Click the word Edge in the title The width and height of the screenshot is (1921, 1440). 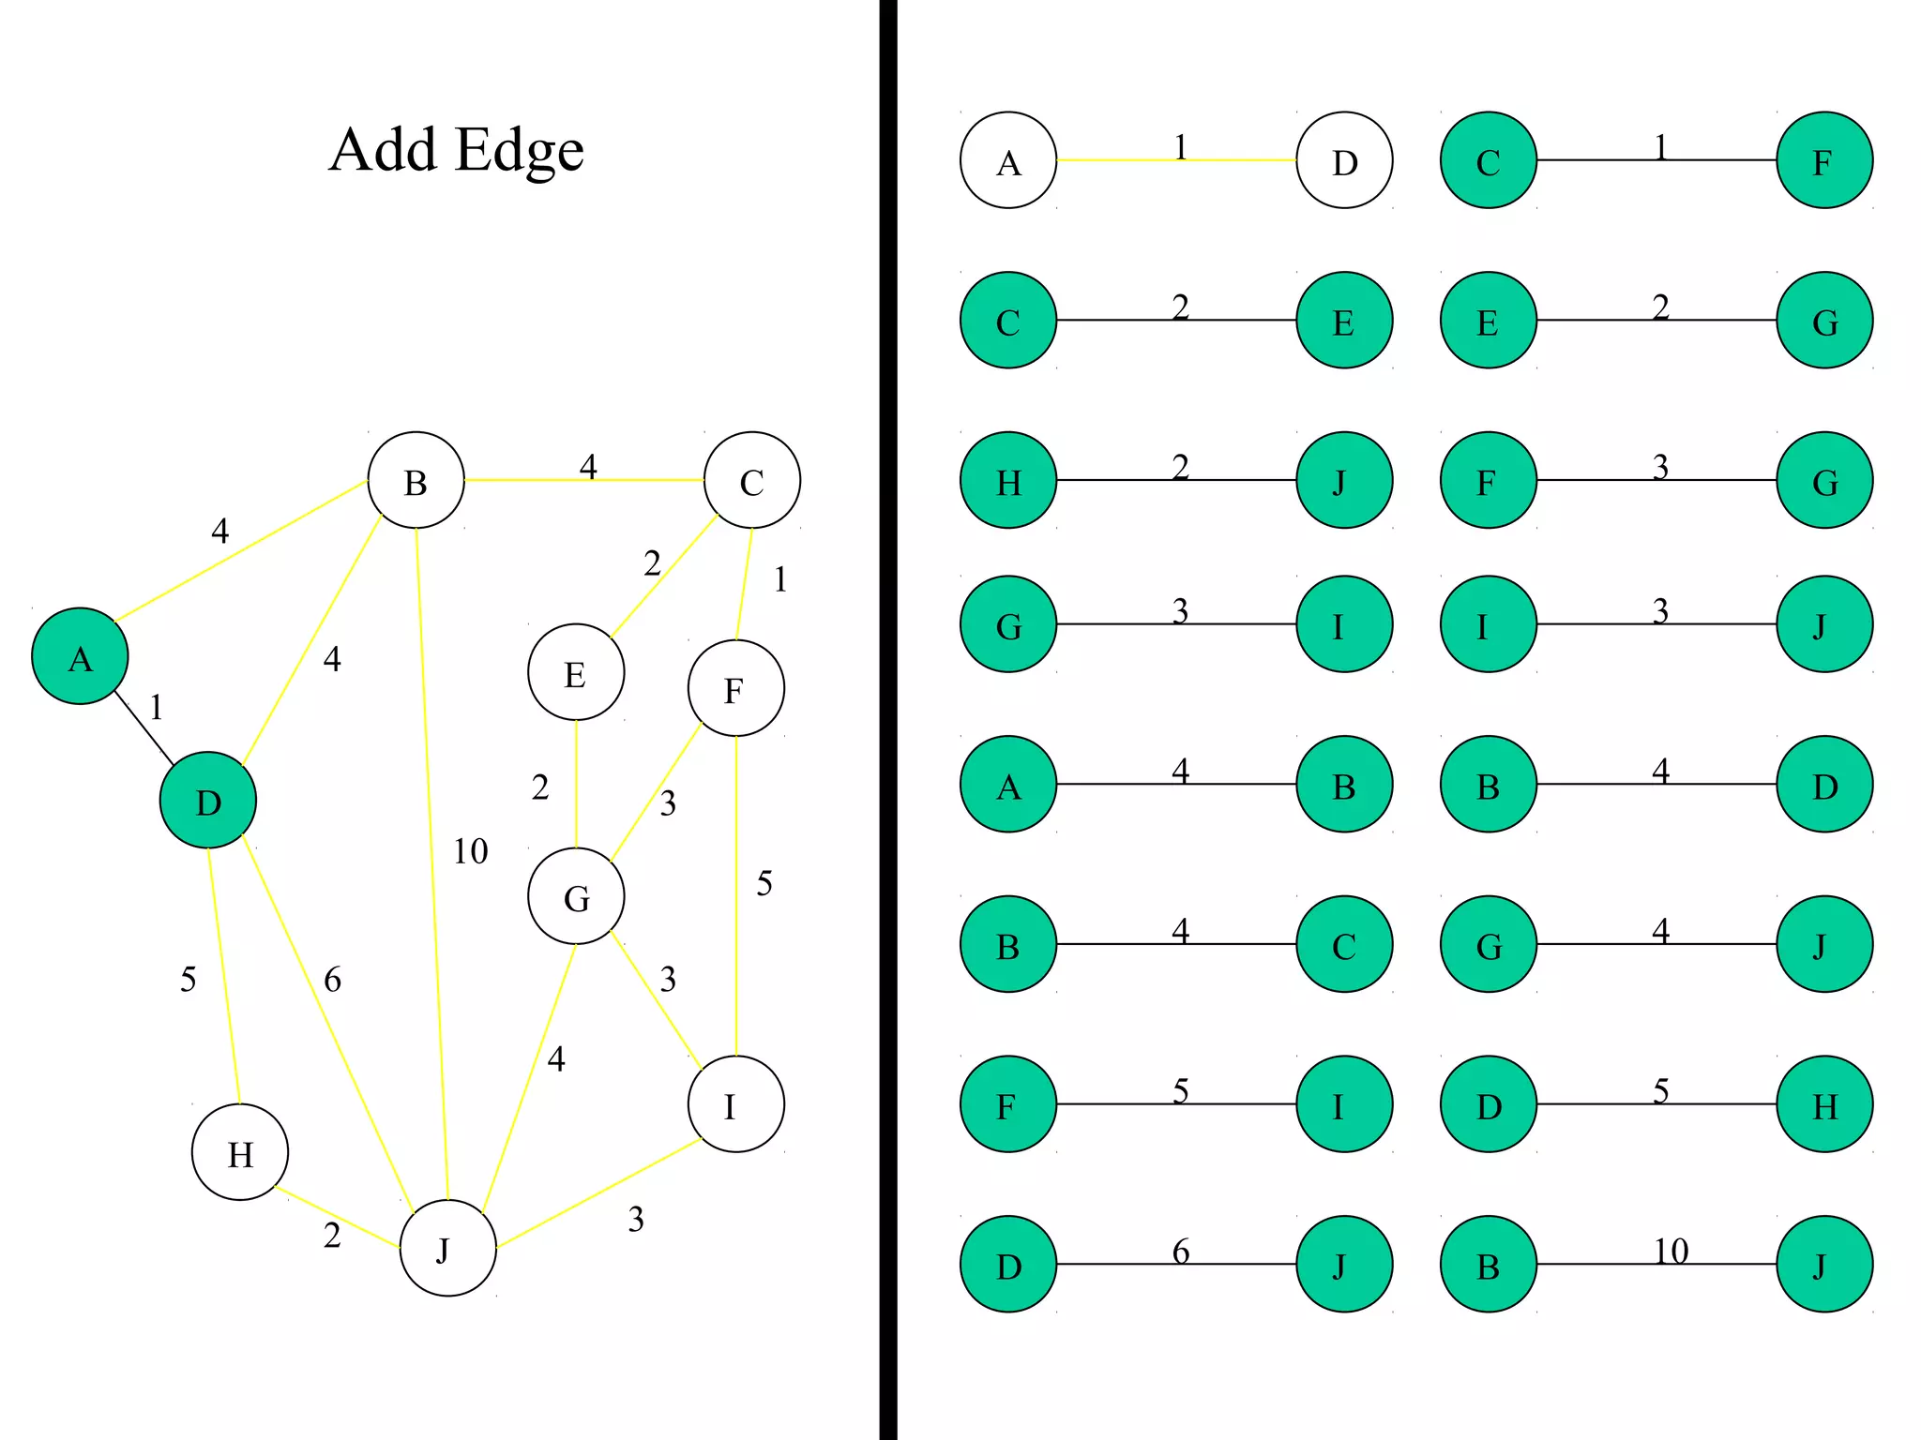coord(520,152)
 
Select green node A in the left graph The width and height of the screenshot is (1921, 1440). coord(80,656)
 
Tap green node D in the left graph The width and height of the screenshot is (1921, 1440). coord(207,801)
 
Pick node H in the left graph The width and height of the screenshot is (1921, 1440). coord(240,1152)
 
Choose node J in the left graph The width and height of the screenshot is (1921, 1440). coord(447,1248)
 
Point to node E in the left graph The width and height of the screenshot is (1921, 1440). coord(576,672)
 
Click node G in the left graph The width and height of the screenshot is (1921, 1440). coord(576,896)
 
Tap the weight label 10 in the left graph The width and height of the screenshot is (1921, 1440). coord(470,851)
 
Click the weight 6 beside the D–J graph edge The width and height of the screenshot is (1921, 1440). coord(332,980)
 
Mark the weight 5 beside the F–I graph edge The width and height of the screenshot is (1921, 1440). coord(764,883)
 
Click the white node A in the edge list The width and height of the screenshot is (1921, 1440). coord(1008,160)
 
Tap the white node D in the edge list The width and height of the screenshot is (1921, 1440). coord(1344,160)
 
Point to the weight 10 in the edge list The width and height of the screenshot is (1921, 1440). coord(1671,1251)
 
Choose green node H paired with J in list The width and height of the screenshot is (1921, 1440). coord(1008,480)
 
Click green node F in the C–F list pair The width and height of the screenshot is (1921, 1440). coord(1824,160)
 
